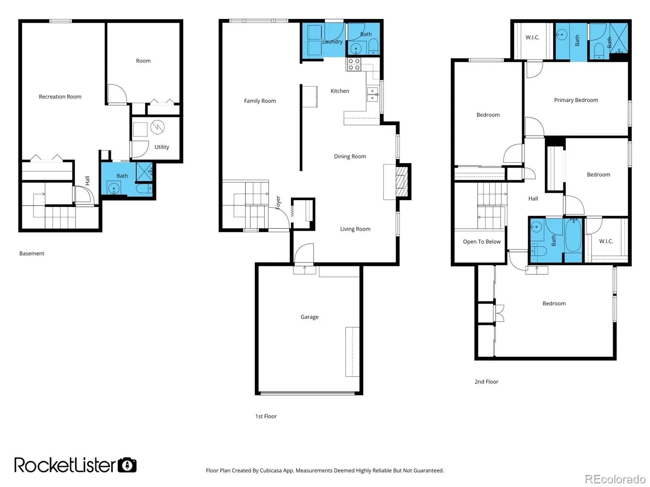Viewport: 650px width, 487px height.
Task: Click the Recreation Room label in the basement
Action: tap(60, 97)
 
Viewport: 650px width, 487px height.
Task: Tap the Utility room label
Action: tap(161, 147)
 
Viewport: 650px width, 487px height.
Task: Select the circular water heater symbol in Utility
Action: tap(157, 127)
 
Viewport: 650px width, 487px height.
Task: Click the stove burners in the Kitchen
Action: tap(353, 64)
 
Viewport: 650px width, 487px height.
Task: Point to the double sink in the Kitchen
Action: tap(372, 94)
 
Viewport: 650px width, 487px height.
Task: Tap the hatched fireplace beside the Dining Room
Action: tap(401, 182)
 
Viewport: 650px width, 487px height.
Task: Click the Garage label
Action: tap(309, 317)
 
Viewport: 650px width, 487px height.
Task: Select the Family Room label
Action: tap(260, 101)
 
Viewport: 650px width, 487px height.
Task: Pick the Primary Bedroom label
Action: tap(576, 100)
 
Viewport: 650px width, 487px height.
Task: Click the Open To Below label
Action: tap(481, 242)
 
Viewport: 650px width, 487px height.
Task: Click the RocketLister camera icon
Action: tap(127, 465)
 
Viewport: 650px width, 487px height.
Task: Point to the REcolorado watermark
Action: tap(615, 479)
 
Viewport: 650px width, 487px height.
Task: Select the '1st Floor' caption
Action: tap(266, 416)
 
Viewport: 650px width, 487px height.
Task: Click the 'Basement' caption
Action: tap(32, 253)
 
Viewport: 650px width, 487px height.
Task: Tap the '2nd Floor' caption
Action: tap(486, 382)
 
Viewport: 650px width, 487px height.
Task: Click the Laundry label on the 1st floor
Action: tap(332, 42)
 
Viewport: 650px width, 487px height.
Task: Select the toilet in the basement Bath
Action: tap(144, 188)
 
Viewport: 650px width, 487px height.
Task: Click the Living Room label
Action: tap(355, 229)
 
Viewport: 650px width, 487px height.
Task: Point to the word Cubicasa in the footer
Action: tap(271, 470)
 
